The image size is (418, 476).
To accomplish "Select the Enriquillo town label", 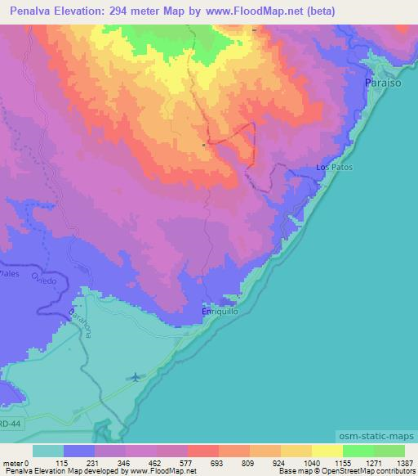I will pos(220,312).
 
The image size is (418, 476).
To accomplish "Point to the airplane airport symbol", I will pos(135,377).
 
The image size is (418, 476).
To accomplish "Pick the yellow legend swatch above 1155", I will pos(327,451).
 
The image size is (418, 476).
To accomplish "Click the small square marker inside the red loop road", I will pos(204,145).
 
